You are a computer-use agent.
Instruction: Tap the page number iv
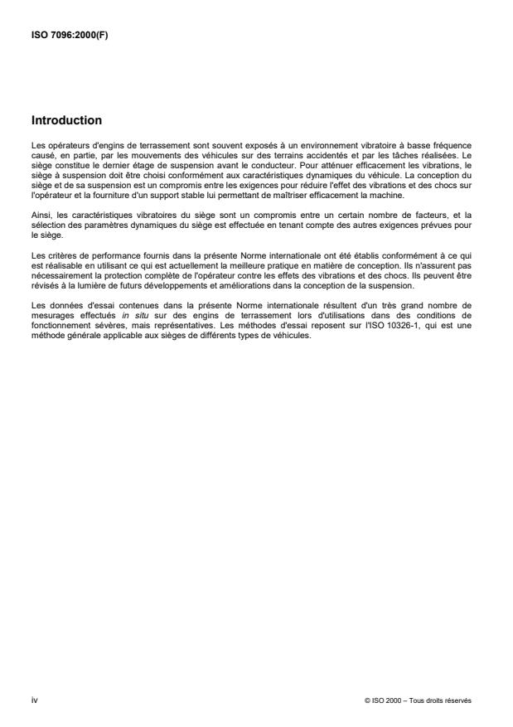[x=34, y=700]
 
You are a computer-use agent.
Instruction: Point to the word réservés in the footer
[x=458, y=700]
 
